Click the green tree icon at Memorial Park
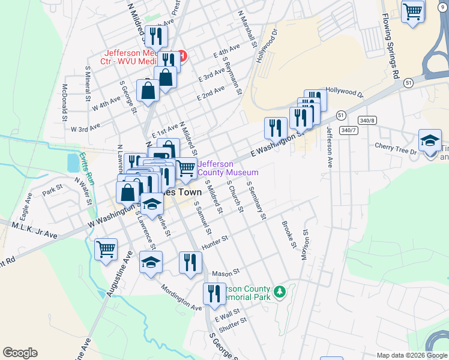[279, 292]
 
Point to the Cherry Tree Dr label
[395, 148]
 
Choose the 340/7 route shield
[348, 130]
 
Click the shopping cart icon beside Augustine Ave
[106, 248]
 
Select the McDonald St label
[64, 100]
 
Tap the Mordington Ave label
[181, 296]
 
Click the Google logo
[20, 353]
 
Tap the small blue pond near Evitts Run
[73, 161]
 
